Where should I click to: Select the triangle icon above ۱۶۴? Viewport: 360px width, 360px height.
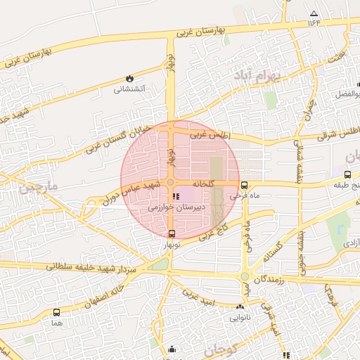click(313, 14)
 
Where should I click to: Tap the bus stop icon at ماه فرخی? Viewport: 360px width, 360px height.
click(244, 186)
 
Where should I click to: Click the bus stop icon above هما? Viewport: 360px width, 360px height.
click(56, 312)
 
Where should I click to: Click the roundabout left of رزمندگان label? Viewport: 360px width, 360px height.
click(245, 276)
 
